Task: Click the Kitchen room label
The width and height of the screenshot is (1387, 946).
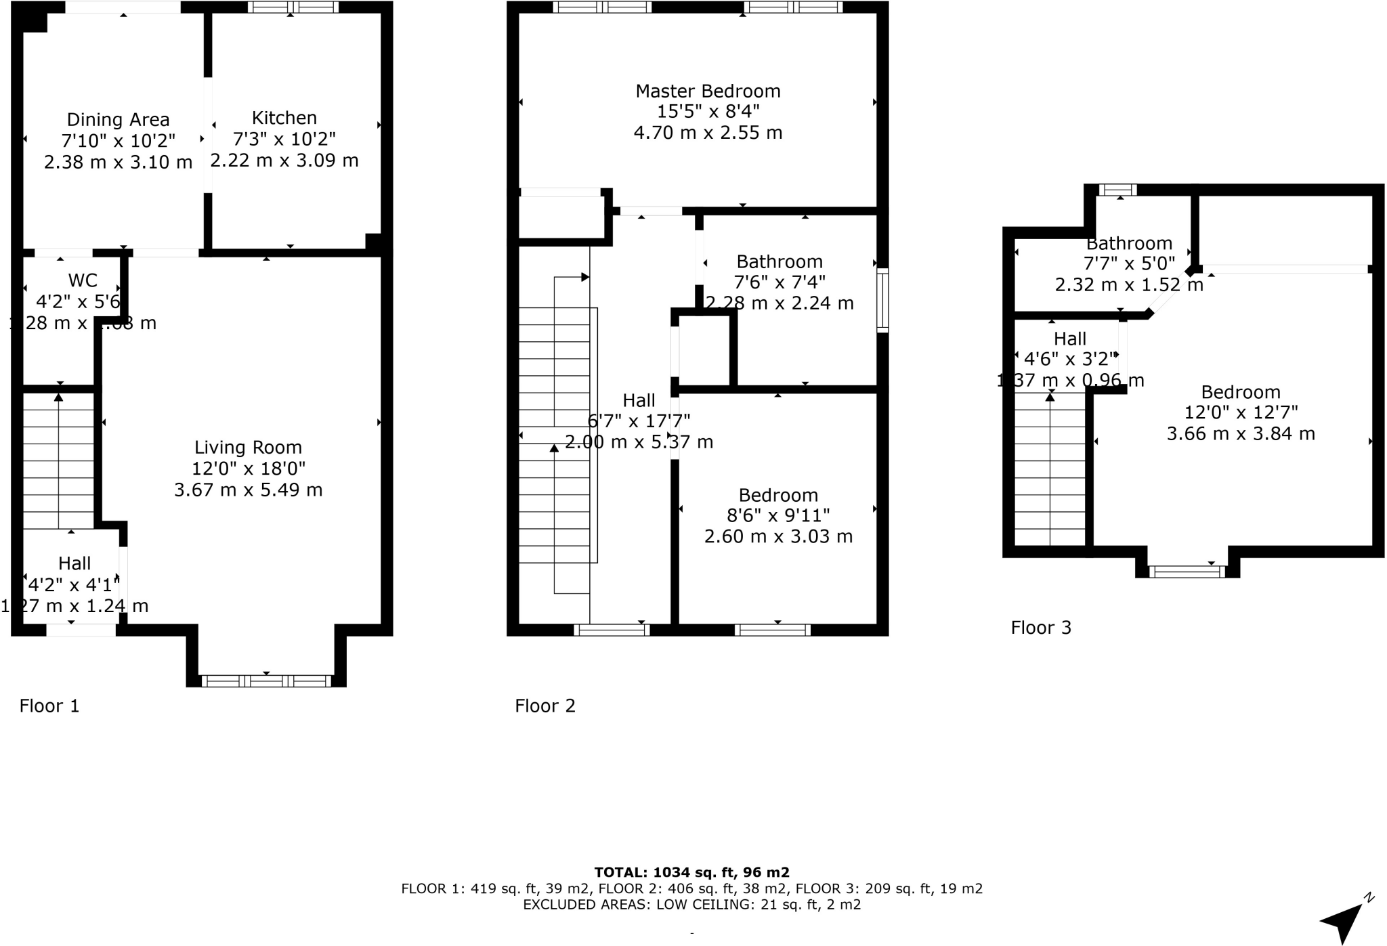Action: [x=284, y=118]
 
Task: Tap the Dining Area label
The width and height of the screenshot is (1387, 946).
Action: [x=118, y=120]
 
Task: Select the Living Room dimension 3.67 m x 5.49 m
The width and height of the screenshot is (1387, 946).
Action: [x=248, y=490]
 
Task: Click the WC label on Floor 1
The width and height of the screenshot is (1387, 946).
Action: [x=83, y=280]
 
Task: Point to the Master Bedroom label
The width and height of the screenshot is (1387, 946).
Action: [x=708, y=91]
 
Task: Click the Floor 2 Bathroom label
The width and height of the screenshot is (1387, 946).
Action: [x=780, y=261]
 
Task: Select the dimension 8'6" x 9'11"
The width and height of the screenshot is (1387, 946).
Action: [x=778, y=515]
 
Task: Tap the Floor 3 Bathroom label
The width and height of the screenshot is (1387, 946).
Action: [x=1129, y=243]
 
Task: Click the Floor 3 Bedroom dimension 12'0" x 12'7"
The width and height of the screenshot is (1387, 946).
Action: [x=1241, y=412]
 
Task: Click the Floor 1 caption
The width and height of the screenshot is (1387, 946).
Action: [x=49, y=706]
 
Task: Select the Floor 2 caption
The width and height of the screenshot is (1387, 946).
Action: [x=545, y=706]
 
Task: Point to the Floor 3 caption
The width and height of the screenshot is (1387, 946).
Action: [x=1041, y=628]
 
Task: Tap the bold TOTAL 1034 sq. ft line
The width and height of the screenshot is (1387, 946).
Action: [x=691, y=872]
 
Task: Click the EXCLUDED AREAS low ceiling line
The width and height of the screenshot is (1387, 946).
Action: [x=691, y=905]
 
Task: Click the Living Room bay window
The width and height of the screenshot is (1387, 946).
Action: [x=266, y=681]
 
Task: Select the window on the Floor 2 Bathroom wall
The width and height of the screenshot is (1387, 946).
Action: [x=882, y=301]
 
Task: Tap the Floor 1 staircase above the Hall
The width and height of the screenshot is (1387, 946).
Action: [x=59, y=460]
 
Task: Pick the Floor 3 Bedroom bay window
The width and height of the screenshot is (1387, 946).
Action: [x=1187, y=572]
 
